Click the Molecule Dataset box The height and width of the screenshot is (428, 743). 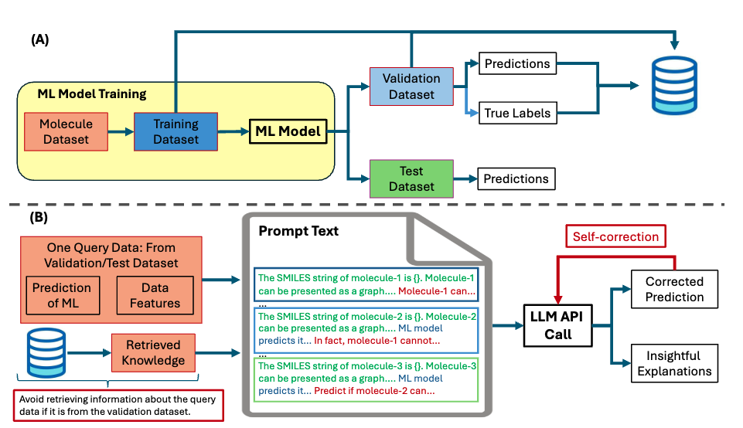(x=66, y=132)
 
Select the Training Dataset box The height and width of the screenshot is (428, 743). (x=176, y=131)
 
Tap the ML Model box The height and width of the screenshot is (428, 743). (x=288, y=132)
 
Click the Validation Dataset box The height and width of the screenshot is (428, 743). (x=411, y=86)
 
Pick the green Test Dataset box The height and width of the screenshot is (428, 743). (x=411, y=178)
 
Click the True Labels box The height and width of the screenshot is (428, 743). (x=517, y=113)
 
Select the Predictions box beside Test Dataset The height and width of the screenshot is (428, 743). (x=516, y=179)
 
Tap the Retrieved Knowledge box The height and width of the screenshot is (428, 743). (x=153, y=353)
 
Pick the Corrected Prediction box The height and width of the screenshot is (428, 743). (x=674, y=289)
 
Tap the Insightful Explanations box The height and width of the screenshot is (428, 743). (x=674, y=363)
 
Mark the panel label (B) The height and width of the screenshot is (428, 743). (x=40, y=217)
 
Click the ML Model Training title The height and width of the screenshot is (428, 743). (x=91, y=94)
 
